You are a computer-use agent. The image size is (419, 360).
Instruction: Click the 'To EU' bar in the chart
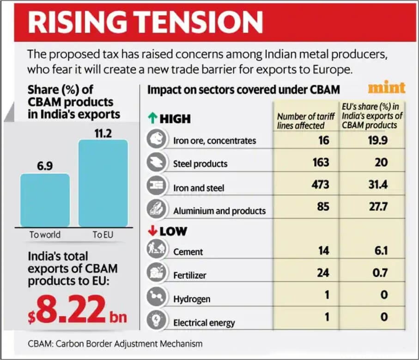tap(103, 183)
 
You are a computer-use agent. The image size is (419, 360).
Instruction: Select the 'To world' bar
tap(45, 200)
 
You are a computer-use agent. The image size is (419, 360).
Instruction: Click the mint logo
tap(386, 88)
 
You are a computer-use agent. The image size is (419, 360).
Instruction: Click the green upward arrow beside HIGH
tap(152, 119)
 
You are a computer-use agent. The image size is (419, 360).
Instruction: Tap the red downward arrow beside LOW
tap(152, 231)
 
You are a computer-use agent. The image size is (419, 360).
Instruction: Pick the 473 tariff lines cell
tap(320, 185)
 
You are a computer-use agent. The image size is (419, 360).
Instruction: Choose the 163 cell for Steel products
tap(320, 162)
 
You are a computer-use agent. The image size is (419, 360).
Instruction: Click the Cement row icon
tap(155, 251)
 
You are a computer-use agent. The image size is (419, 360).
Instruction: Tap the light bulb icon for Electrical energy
tap(155, 320)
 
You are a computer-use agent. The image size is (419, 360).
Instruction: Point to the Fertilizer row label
tap(189, 276)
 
